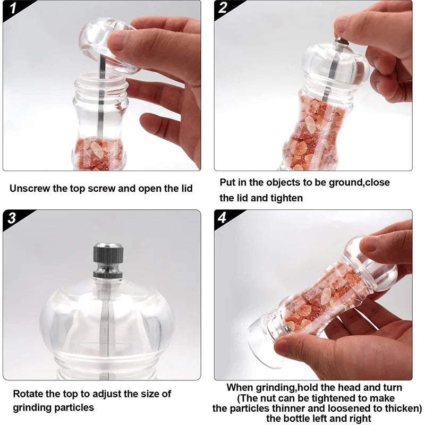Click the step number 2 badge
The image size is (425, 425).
coord(223,8)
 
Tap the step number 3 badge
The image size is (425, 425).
coord(12,218)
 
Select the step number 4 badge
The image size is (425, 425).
coord(223,218)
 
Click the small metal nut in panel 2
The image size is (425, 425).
coord(340,40)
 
